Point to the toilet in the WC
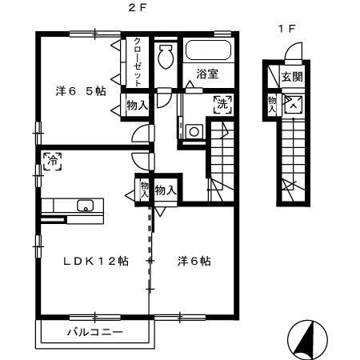click(166, 56)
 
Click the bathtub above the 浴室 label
click(208, 53)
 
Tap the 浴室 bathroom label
click(208, 75)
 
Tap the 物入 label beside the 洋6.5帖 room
click(137, 104)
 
